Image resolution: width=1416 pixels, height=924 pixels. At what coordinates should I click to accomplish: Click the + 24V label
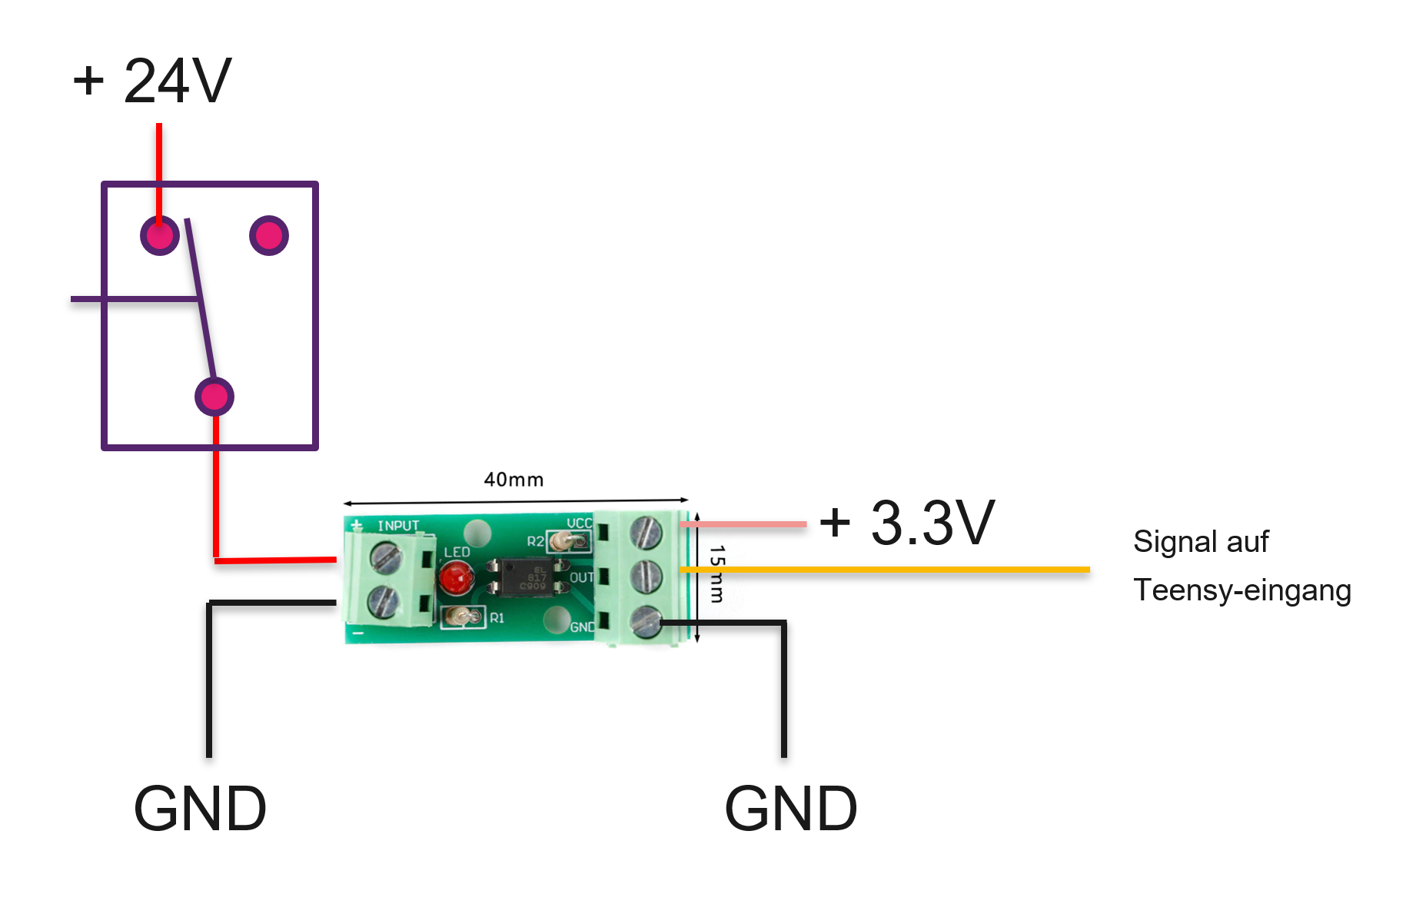tap(152, 81)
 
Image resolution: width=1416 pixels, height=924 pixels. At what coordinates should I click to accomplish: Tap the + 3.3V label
tap(908, 523)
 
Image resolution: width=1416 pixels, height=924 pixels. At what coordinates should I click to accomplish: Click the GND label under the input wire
tap(200, 809)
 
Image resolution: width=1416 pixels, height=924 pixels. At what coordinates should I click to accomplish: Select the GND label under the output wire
tap(791, 809)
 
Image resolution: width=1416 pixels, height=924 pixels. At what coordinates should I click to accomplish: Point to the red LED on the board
tap(456, 577)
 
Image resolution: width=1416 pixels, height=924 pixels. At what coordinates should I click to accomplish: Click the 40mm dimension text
tap(514, 480)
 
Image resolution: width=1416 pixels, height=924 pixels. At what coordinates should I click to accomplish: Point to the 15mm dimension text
tap(717, 573)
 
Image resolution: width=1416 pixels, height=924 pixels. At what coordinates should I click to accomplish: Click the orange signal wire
tap(884, 570)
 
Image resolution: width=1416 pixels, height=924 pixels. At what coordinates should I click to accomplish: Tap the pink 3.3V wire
tap(743, 524)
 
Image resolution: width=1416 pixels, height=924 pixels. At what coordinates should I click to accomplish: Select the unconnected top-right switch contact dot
tap(269, 235)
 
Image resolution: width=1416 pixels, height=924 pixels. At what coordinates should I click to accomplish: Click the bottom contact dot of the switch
tap(214, 397)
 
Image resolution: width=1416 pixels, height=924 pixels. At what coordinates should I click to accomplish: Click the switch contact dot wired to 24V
tap(160, 235)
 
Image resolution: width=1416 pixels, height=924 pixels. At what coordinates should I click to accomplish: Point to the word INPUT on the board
tap(398, 526)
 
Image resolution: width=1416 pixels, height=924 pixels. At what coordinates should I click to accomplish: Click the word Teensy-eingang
tap(1241, 590)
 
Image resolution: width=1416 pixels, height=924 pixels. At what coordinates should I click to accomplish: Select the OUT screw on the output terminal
tap(646, 576)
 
